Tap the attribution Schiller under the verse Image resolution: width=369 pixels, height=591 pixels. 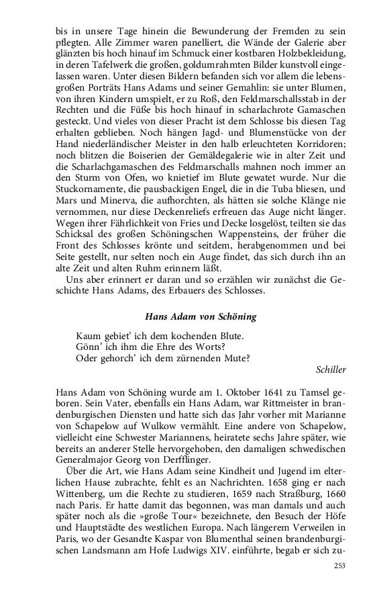331,369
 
